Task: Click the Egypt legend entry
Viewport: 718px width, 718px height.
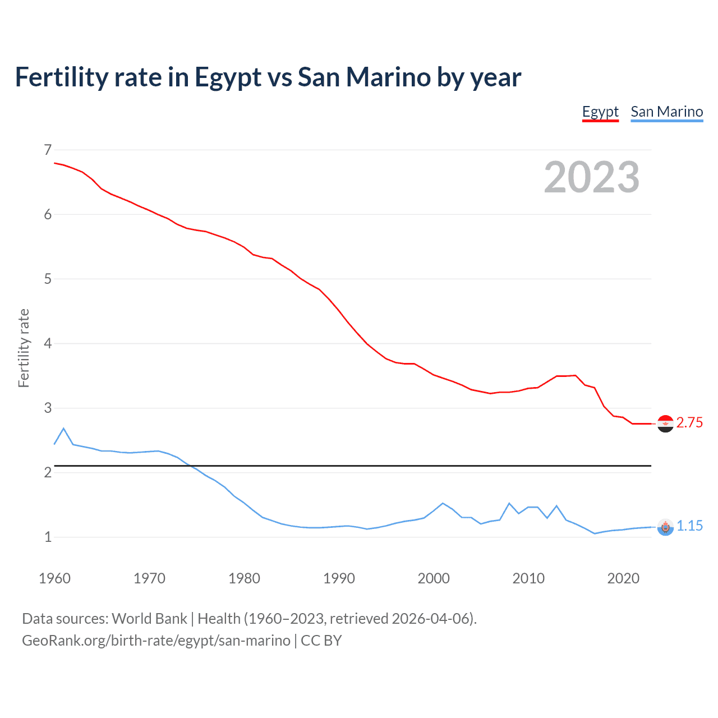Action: (x=600, y=112)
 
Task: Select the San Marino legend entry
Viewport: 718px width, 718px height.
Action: (x=666, y=112)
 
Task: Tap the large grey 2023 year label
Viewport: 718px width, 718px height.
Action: (x=592, y=177)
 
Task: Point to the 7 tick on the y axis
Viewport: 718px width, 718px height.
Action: (x=48, y=150)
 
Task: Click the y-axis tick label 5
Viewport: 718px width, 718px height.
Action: (x=48, y=279)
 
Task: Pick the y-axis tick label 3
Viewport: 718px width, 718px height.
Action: (x=48, y=408)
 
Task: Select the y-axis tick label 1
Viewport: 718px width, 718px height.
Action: (x=48, y=537)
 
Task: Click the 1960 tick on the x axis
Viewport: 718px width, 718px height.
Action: (x=54, y=578)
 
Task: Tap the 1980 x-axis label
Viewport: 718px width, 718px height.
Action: (x=244, y=578)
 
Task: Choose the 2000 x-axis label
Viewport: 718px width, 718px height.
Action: (x=434, y=578)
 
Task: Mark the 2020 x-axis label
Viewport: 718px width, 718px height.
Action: (x=623, y=578)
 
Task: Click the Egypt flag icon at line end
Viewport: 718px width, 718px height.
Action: (x=665, y=424)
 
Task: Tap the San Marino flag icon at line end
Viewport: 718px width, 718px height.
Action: (x=665, y=527)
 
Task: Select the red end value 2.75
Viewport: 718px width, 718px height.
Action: (x=689, y=423)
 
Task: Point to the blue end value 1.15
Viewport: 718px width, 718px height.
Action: (x=689, y=526)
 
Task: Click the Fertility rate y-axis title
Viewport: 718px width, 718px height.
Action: (x=24, y=348)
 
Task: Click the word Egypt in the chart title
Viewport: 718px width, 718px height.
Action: (x=228, y=77)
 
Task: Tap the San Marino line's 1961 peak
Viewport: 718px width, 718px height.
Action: (x=63, y=429)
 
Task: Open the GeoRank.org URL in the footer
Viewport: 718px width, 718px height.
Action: (x=156, y=641)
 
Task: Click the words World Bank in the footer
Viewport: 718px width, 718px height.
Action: (x=149, y=619)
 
